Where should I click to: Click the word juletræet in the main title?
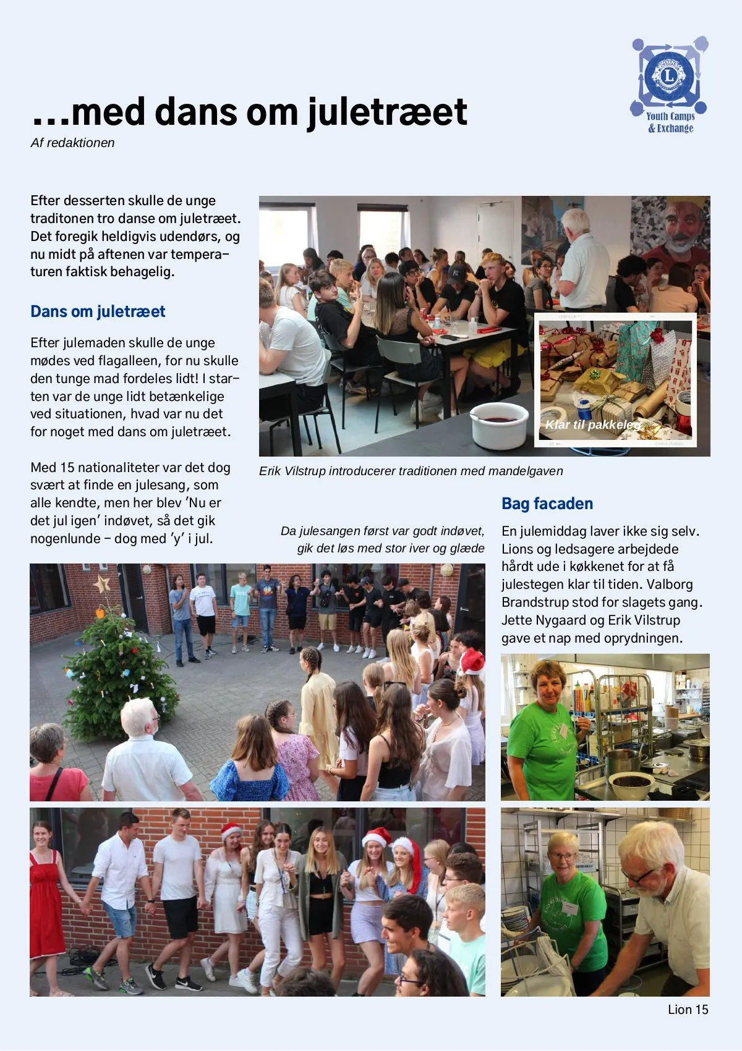point(388,112)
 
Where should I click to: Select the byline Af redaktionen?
point(73,143)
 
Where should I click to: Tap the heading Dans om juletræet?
point(98,311)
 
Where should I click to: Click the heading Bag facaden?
point(547,504)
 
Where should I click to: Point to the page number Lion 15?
point(688,1009)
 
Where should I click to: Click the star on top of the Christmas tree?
point(101,583)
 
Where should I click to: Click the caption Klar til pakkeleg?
point(592,424)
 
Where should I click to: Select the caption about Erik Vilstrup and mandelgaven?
point(411,471)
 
